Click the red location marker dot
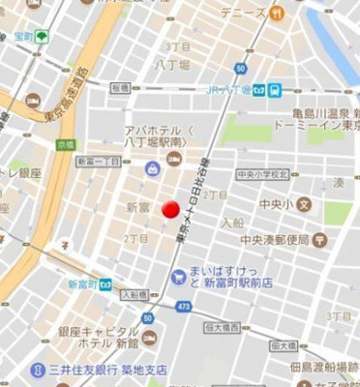pos(170,209)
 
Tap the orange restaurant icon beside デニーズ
pos(277,14)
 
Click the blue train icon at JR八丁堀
pos(275,90)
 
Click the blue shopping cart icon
pos(178,277)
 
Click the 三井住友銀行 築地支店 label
pos(107,370)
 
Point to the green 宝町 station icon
pos(42,37)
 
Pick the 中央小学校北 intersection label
pos(263,175)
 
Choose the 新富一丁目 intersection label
pos(98,161)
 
